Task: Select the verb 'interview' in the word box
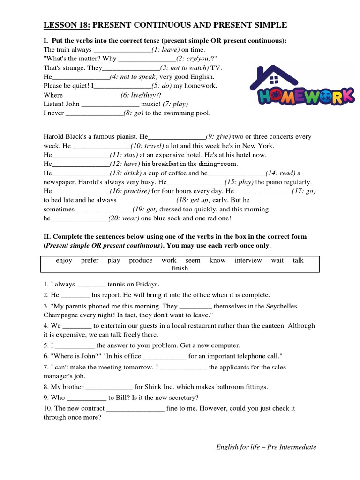click(x=248, y=261)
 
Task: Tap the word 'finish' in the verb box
click(x=180, y=269)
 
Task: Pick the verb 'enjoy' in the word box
click(x=64, y=261)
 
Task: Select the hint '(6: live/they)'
click(x=140, y=95)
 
